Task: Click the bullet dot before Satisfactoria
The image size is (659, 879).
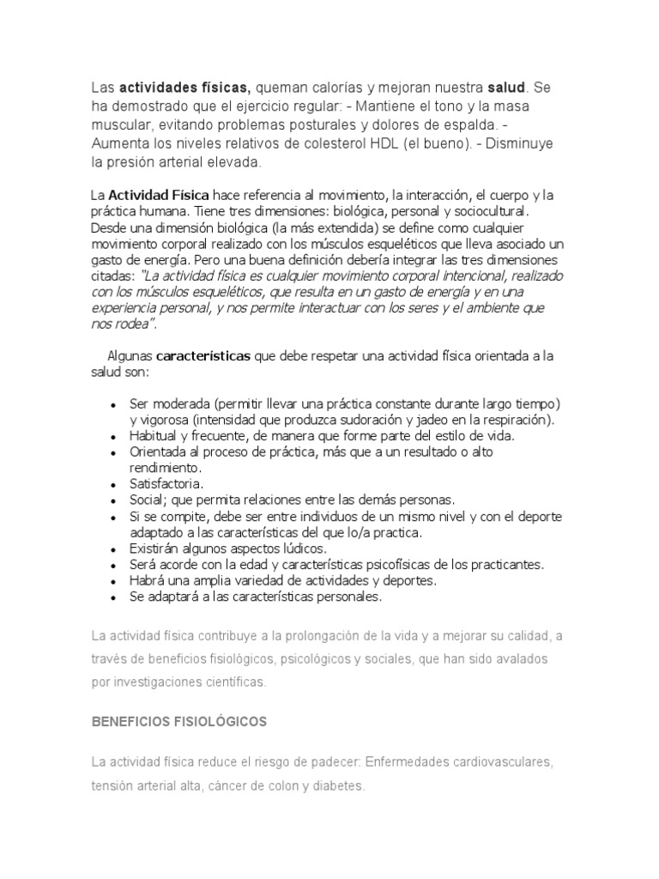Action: [114, 484]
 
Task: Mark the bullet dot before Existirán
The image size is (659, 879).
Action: [114, 549]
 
